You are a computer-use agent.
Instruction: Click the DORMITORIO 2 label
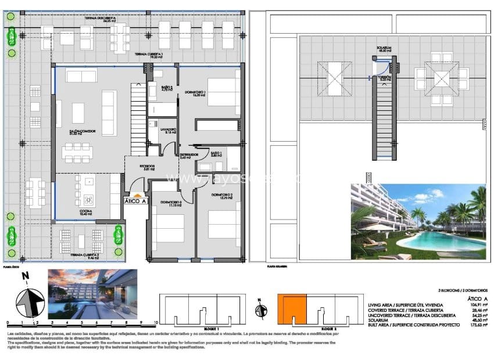[221, 196]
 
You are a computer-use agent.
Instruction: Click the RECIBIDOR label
[146, 167]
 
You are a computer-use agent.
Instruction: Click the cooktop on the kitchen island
[88, 197]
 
